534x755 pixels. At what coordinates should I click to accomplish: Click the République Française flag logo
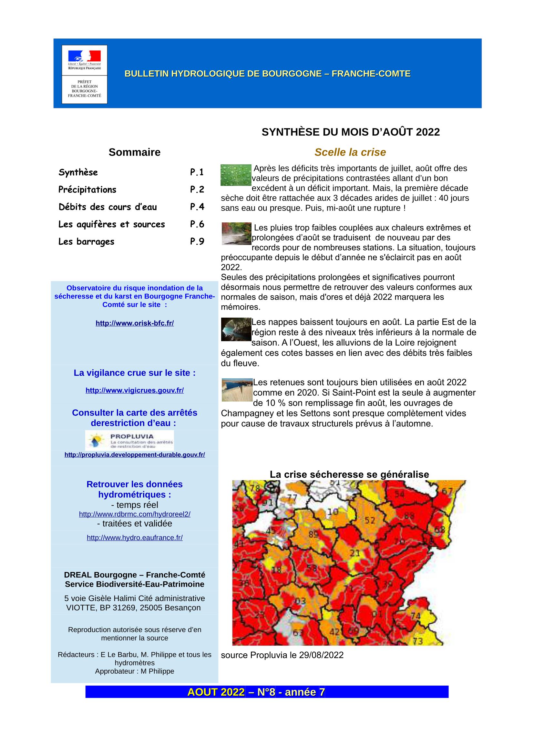[x=85, y=56]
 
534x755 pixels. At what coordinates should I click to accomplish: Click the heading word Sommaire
[x=135, y=152]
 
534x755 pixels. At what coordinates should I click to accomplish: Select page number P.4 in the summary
[x=197, y=207]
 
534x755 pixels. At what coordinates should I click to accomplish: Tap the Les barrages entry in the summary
[x=87, y=242]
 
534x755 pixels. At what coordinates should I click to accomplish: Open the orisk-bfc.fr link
[x=135, y=323]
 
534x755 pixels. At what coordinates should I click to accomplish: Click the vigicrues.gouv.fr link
[x=135, y=390]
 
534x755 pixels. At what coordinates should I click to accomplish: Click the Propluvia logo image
[x=129, y=440]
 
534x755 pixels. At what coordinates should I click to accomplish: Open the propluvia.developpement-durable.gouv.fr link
[x=135, y=455]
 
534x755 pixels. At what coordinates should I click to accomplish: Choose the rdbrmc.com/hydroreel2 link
[x=135, y=514]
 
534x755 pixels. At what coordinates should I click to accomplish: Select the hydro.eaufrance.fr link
[x=135, y=538]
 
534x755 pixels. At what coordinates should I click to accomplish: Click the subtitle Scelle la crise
[x=350, y=152]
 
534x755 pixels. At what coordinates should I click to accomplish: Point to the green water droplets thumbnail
[x=236, y=175]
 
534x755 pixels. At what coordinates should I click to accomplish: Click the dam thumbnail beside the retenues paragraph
[x=237, y=390]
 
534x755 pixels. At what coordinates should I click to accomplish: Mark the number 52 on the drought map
[x=370, y=520]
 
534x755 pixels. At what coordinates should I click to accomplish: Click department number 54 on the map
[x=399, y=494]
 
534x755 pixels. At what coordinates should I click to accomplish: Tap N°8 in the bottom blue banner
[x=266, y=692]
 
